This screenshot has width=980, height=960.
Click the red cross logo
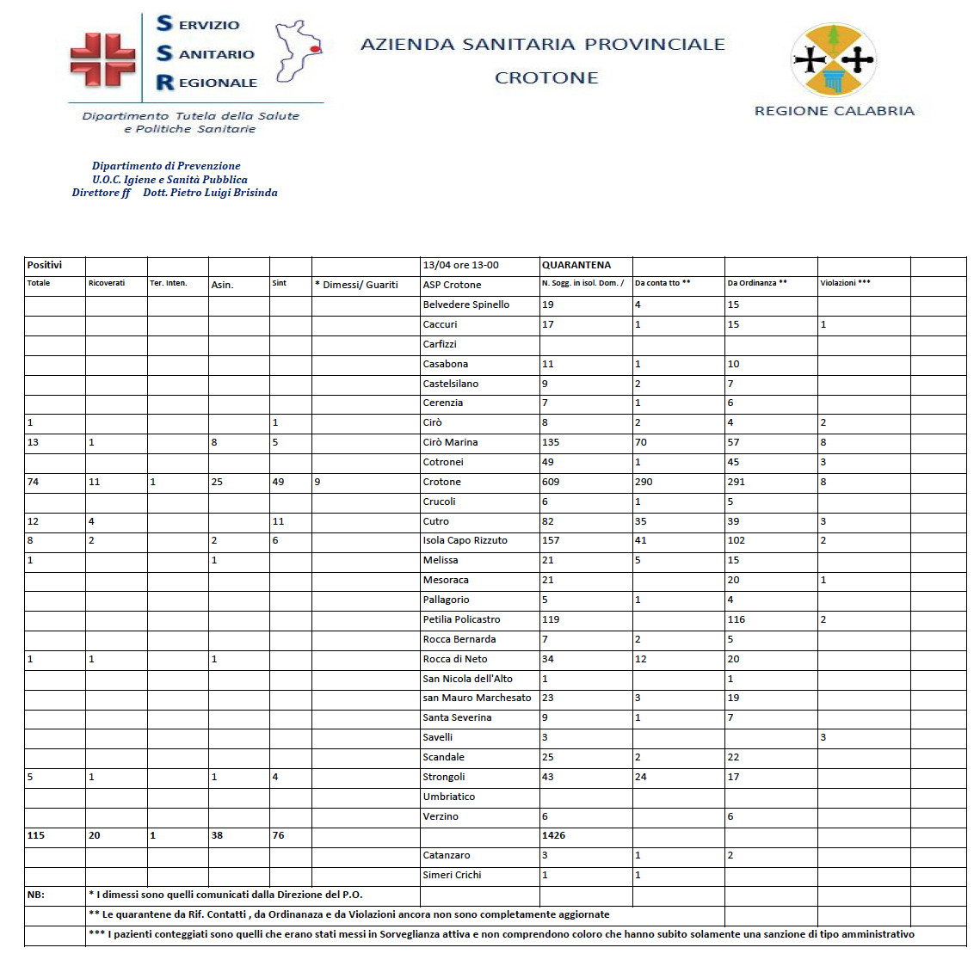102,60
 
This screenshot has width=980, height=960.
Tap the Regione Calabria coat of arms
833,60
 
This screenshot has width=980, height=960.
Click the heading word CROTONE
546,78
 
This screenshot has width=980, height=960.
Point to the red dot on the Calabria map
315,50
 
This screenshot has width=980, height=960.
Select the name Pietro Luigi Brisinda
210,193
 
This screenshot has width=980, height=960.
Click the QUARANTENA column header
576,265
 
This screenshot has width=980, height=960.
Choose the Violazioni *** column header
845,283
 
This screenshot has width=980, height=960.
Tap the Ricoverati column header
107,283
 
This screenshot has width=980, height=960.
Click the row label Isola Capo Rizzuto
465,540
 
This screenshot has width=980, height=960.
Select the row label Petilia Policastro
461,619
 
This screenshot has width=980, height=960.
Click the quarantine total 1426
554,835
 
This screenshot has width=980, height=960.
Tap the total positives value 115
36,835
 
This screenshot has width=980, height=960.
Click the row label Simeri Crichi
452,875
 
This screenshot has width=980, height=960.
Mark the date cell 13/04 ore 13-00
460,265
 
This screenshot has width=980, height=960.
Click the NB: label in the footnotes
36,895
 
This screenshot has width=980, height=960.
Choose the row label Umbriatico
448,797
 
